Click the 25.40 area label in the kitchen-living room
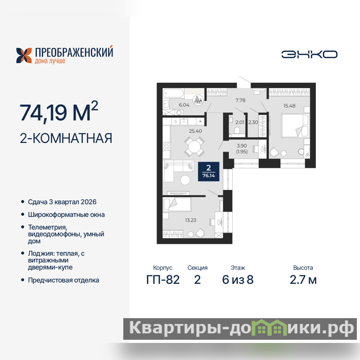[195, 131]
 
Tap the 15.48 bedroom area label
[289, 106]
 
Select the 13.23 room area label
[190, 220]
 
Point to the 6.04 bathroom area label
[184, 105]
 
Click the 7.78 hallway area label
[240, 100]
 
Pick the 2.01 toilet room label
[240, 122]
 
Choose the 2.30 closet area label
[253, 122]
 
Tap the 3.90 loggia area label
[242, 146]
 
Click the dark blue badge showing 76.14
[208, 171]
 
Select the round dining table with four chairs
[194, 147]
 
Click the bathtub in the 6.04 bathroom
[173, 94]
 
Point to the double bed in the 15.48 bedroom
[295, 126]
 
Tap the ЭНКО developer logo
[309, 54]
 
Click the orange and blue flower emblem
[24, 55]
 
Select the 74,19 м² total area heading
[59, 111]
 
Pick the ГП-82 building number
[163, 279]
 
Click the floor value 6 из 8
[238, 279]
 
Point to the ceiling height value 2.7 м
[303, 279]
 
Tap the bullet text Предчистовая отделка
[63, 280]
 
